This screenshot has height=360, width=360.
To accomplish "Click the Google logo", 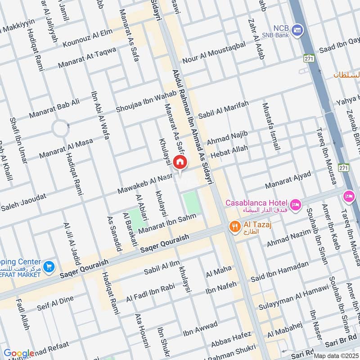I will point(19,353).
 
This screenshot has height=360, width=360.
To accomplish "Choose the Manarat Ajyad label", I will point(288,180).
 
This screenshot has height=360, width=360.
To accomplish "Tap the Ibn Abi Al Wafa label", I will point(100,114).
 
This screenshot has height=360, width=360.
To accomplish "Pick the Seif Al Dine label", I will point(55,304).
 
